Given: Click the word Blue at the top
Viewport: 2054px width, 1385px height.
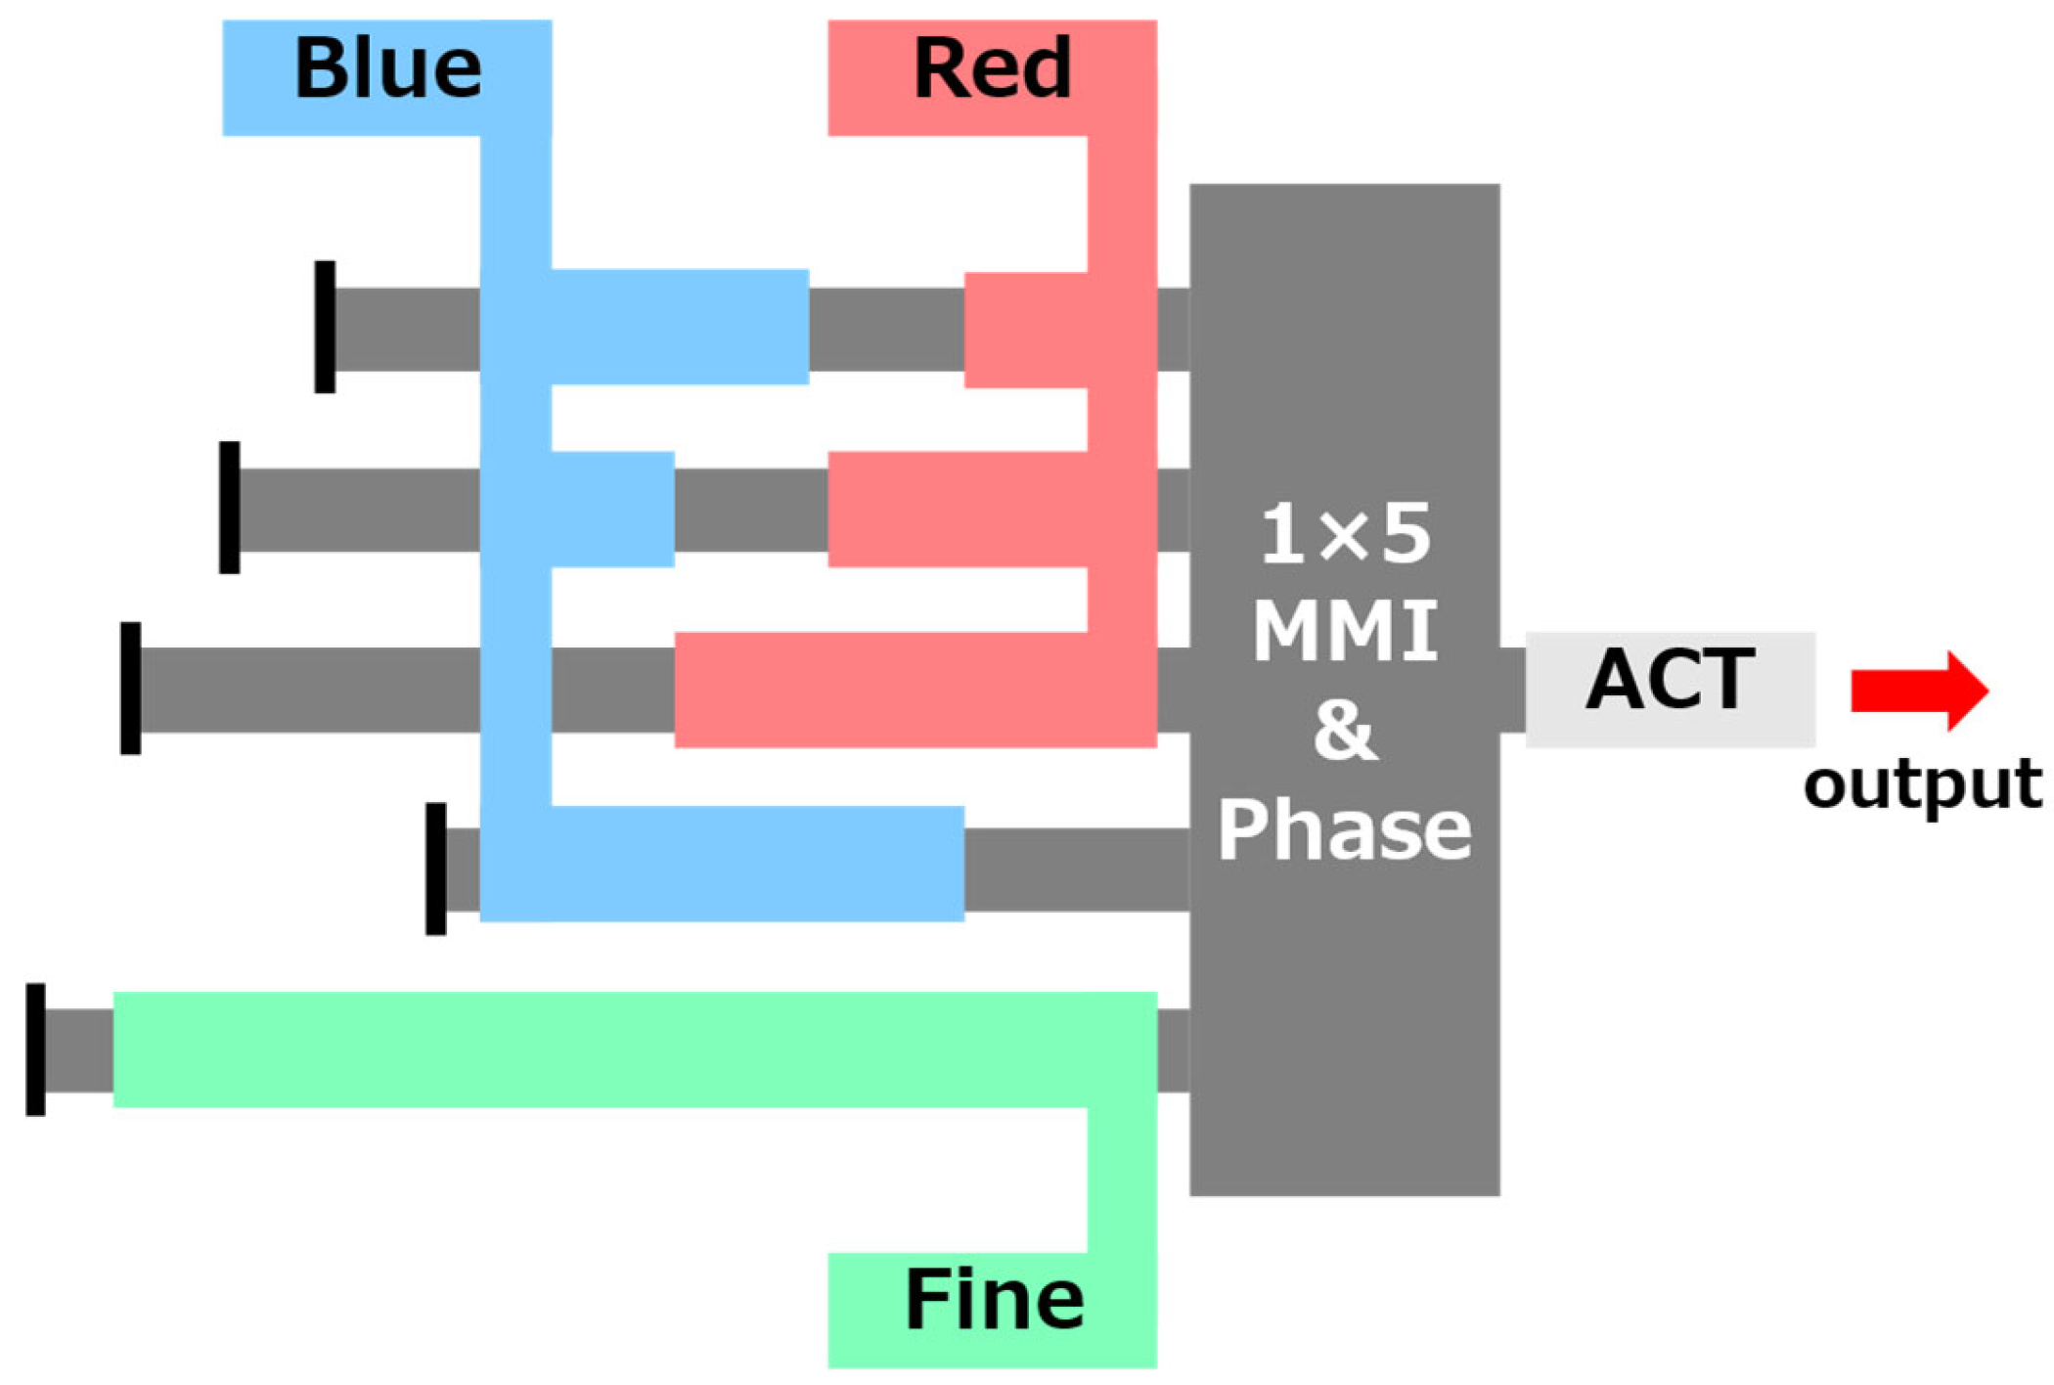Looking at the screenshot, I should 388,68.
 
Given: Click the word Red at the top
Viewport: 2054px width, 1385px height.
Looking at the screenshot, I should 992,68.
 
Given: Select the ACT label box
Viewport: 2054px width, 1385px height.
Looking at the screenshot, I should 1670,689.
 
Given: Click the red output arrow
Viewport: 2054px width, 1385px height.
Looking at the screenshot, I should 1918,691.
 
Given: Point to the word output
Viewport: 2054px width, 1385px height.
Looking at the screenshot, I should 1922,784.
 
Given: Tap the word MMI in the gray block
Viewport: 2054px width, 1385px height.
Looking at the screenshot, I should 1345,631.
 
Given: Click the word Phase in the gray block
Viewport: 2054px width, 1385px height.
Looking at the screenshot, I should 1345,829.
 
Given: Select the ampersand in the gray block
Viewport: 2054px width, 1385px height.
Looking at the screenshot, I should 1345,730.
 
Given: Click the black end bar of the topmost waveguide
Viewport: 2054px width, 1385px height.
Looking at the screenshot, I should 325,327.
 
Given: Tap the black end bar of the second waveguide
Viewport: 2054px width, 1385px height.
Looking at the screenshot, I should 229,507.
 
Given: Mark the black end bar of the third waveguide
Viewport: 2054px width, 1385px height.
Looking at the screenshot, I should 130,688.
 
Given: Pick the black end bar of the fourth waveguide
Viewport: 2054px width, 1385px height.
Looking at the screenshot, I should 435,869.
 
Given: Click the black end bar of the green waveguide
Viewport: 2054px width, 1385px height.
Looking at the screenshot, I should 35,1049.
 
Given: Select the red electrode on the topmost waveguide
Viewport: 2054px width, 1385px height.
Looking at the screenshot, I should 1027,330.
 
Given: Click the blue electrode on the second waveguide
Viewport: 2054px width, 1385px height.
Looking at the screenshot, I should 611,509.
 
